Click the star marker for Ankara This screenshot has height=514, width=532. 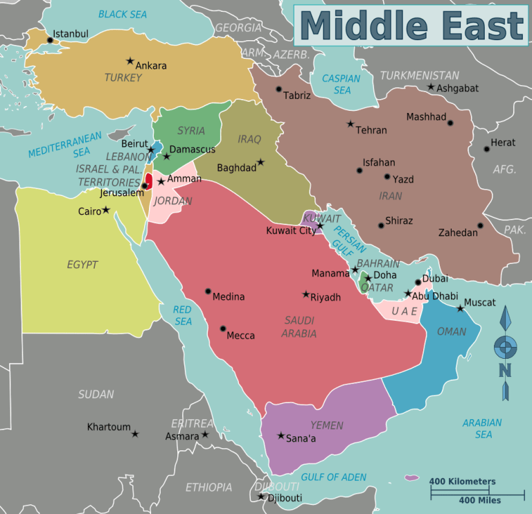click(x=130, y=61)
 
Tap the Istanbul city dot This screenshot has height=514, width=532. click(x=50, y=40)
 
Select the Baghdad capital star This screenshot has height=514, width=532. click(x=261, y=162)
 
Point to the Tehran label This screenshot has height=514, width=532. click(x=371, y=130)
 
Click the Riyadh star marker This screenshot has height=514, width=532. click(x=306, y=294)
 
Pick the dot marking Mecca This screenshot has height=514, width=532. click(x=223, y=328)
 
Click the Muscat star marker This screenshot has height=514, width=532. click(x=460, y=308)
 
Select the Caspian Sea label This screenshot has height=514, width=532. click(x=342, y=84)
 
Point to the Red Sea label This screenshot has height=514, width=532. click(x=183, y=315)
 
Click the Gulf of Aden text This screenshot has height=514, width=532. click(x=334, y=477)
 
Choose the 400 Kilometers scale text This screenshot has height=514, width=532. click(x=462, y=481)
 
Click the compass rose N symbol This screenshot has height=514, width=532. click(x=505, y=371)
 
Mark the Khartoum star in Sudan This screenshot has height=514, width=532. click(x=135, y=434)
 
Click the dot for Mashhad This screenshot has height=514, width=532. click(x=450, y=123)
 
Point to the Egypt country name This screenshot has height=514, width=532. click(x=82, y=265)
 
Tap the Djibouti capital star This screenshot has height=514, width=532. click(x=261, y=496)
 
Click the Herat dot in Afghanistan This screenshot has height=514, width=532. click(x=487, y=149)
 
